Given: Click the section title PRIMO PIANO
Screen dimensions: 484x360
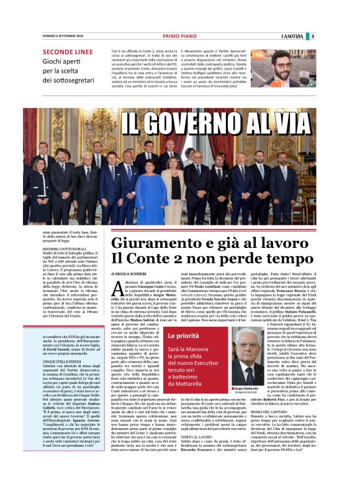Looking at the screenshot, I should click(179, 35).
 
